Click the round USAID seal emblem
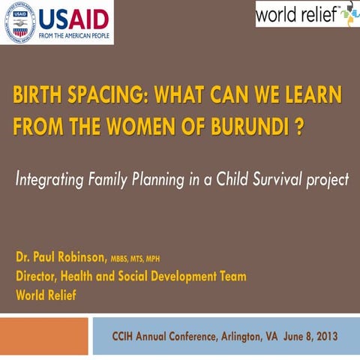[x=19, y=22]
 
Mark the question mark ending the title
[x=299, y=125]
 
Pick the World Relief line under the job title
[x=46, y=295]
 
